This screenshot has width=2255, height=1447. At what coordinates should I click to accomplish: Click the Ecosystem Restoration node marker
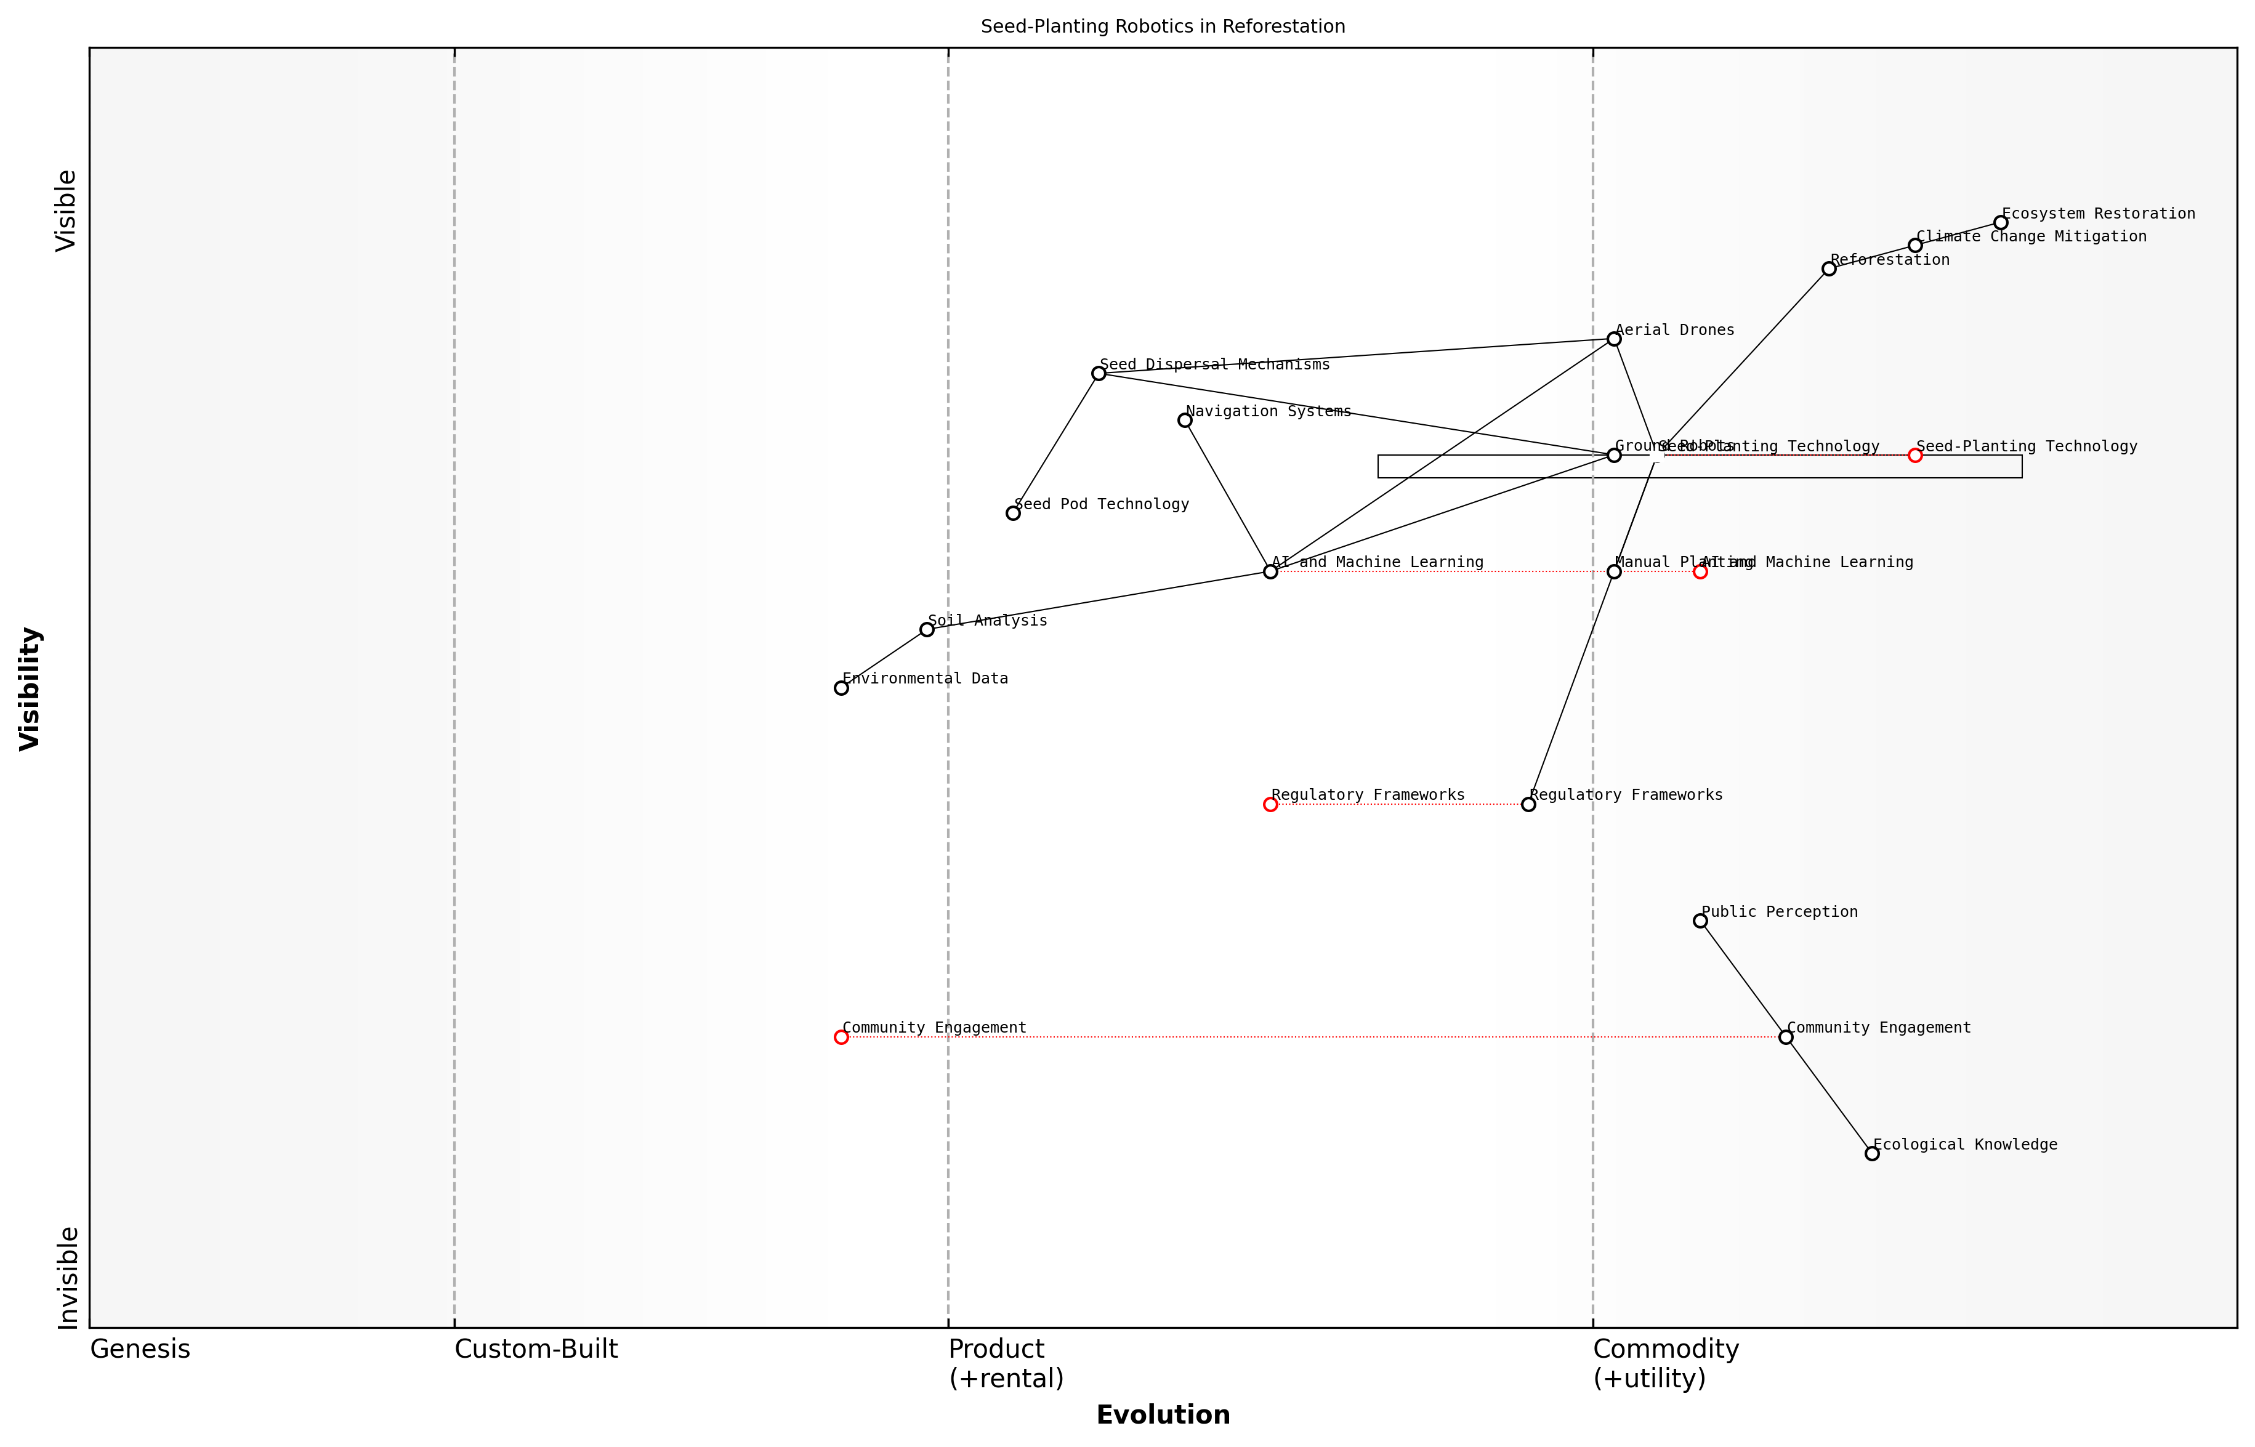[x=2000, y=223]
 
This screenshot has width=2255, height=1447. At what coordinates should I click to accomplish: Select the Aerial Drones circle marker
[x=1613, y=339]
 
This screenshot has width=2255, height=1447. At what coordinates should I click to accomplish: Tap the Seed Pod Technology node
[x=1013, y=513]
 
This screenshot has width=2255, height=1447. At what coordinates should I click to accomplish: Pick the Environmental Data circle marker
[x=841, y=688]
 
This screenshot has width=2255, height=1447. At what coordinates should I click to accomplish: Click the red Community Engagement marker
[x=841, y=1038]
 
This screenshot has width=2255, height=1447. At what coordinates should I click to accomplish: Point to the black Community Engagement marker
[x=1785, y=1038]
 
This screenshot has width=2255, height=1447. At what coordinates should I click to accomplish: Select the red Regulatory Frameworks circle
[x=1270, y=804]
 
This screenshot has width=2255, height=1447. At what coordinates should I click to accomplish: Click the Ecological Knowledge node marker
[x=1871, y=1154]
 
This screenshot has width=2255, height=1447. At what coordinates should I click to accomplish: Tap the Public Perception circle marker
[x=1700, y=921]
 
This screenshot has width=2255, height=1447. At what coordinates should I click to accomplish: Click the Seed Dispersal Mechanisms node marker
[x=1099, y=374]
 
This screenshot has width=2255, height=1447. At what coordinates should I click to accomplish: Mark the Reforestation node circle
[x=1828, y=268]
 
